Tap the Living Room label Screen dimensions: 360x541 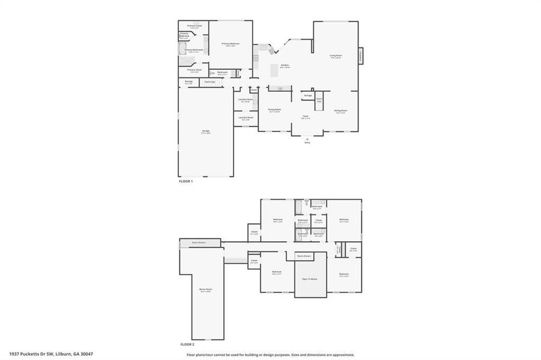335,56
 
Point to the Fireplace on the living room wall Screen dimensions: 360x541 361,56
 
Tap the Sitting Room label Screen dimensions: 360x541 340,111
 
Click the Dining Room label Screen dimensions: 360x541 274,110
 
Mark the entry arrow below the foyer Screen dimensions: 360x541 307,139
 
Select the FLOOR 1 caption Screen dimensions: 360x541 186,181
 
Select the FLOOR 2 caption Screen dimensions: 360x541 187,344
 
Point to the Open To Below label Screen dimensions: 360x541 309,280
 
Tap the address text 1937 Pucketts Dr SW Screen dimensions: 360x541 51,354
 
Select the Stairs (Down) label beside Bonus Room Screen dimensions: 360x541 199,242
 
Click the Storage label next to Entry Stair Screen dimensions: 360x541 308,95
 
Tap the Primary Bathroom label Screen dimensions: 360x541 193,50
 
